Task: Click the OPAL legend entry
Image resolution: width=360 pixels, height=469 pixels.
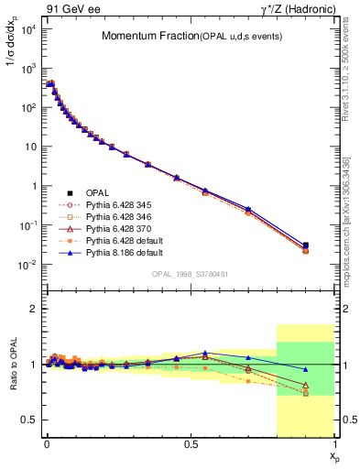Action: [97, 192]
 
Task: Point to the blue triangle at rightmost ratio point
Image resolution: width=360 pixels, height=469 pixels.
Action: [305, 369]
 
